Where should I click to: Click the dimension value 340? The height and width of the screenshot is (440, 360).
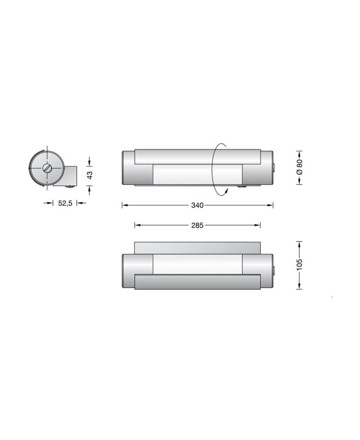(197, 206)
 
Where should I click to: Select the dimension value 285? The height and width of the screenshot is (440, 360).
(197, 225)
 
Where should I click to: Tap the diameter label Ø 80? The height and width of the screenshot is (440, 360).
(299, 167)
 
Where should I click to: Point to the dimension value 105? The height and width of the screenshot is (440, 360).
(299, 265)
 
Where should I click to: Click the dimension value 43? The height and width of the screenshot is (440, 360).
(89, 175)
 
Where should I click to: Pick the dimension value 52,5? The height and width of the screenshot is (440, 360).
(65, 203)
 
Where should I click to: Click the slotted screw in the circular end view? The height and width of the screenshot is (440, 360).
(47, 168)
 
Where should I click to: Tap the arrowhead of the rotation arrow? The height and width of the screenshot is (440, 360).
(226, 191)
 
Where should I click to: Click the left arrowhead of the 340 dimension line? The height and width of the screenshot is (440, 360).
(125, 206)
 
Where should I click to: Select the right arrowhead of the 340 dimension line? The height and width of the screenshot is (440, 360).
(270, 206)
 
